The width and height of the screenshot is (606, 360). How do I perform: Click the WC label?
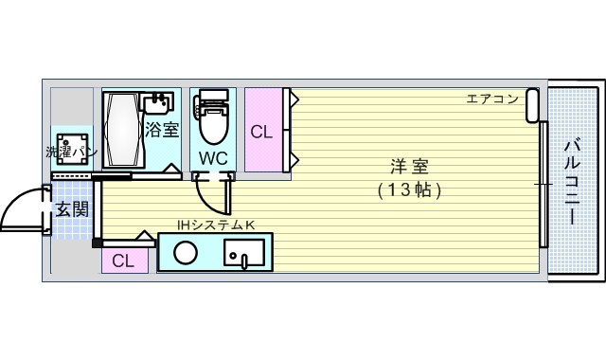tap(212, 157)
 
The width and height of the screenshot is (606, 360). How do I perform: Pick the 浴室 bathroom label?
tap(161, 130)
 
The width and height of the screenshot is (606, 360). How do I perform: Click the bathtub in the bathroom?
tap(121, 130)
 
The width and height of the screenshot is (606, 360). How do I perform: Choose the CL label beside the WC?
tap(261, 133)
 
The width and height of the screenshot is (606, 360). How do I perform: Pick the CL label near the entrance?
tap(123, 261)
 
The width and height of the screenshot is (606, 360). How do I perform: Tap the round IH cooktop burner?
tap(186, 253)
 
